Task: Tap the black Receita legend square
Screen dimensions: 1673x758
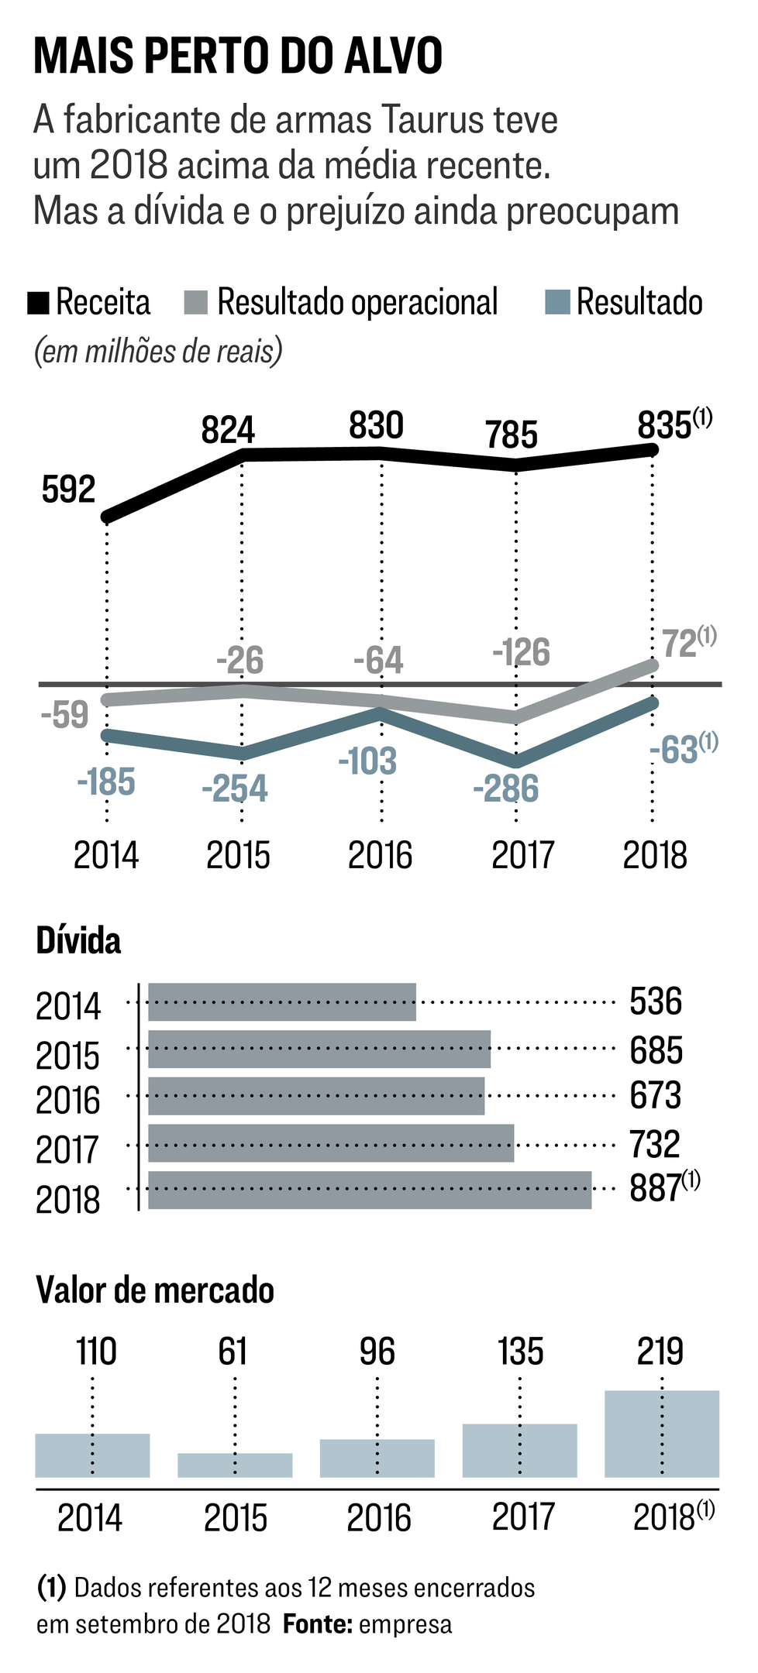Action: pyautogui.click(x=39, y=303)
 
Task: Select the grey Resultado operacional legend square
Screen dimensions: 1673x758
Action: pyautogui.click(x=196, y=303)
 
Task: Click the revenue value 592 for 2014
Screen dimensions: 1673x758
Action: pyautogui.click(x=68, y=490)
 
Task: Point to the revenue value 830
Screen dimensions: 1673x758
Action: pyautogui.click(x=376, y=426)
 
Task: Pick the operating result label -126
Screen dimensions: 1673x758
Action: pyautogui.click(x=521, y=652)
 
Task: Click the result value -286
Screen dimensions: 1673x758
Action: pyautogui.click(x=505, y=789)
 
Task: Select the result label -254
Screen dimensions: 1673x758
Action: pyautogui.click(x=234, y=789)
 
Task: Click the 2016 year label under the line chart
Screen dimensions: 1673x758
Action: pyautogui.click(x=380, y=856)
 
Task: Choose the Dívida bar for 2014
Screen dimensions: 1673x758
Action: pyautogui.click(x=282, y=1002)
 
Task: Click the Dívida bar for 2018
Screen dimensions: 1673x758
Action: pyautogui.click(x=370, y=1190)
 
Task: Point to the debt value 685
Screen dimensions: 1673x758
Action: pyautogui.click(x=656, y=1051)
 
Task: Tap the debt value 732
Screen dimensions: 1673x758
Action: pyautogui.click(x=656, y=1145)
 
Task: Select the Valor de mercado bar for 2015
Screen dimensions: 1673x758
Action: pyautogui.click(x=235, y=1465)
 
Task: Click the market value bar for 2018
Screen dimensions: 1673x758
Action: pyautogui.click(x=662, y=1434)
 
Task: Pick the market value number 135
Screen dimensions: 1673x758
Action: pyautogui.click(x=520, y=1352)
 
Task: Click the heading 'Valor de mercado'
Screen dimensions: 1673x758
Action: pyautogui.click(x=155, y=1291)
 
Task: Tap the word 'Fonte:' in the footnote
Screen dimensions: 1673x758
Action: pyautogui.click(x=316, y=1624)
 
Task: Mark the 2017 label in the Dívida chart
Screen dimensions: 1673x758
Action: pyautogui.click(x=68, y=1149)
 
